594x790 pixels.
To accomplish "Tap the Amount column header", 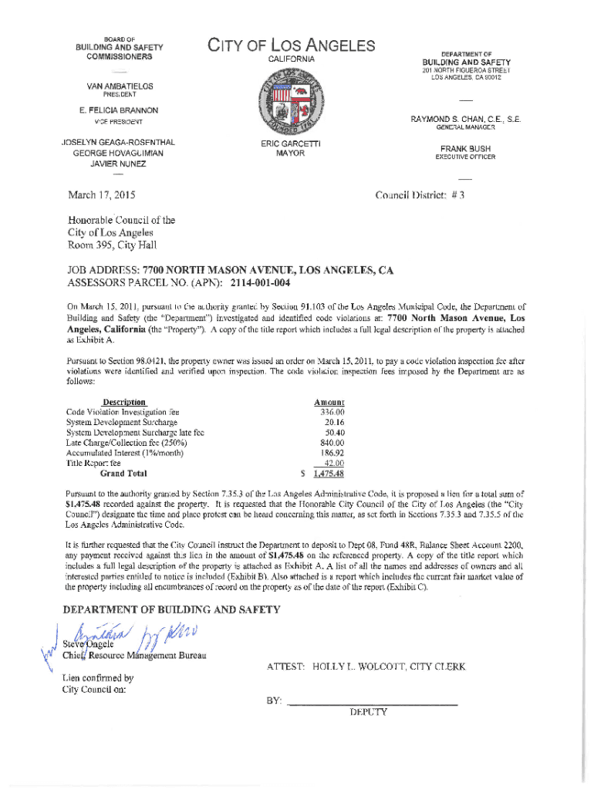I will (x=329, y=402).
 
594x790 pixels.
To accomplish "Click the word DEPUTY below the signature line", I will (x=368, y=713).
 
